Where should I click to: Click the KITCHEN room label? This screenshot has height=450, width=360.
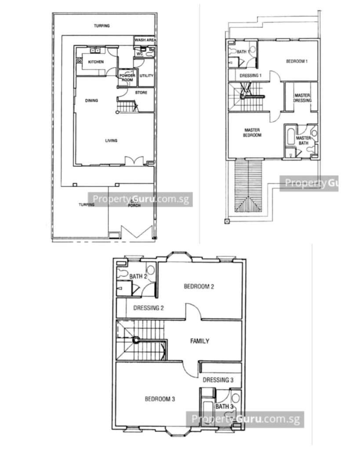pos(96,62)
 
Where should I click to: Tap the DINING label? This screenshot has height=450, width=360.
pos(91,101)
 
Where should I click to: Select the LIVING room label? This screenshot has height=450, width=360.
pos(111,140)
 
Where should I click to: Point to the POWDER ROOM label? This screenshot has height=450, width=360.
pos(127,77)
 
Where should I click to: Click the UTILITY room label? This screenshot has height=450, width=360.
pos(146,76)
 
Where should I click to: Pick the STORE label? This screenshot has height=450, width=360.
pos(141,92)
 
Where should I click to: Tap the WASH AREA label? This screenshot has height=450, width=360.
pos(145,40)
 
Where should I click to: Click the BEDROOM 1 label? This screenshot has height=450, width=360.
pos(297,61)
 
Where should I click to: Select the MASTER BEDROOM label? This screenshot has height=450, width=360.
pos(252,133)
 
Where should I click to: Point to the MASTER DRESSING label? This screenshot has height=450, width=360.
pos(302,98)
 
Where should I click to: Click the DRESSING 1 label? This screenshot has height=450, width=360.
pos(251,76)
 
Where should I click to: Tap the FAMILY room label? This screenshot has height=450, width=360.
pos(200,341)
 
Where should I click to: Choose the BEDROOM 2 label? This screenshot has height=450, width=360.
pos(199,287)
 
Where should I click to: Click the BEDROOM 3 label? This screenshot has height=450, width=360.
pos(160,399)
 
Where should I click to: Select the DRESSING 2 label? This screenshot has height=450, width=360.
pos(149,308)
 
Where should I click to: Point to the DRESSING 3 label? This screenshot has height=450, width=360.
pos(218,380)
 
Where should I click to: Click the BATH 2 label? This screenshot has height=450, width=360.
pos(138,276)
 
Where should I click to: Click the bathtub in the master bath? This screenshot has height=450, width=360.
pos(290,137)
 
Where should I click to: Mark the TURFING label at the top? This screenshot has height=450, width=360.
pos(102,26)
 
